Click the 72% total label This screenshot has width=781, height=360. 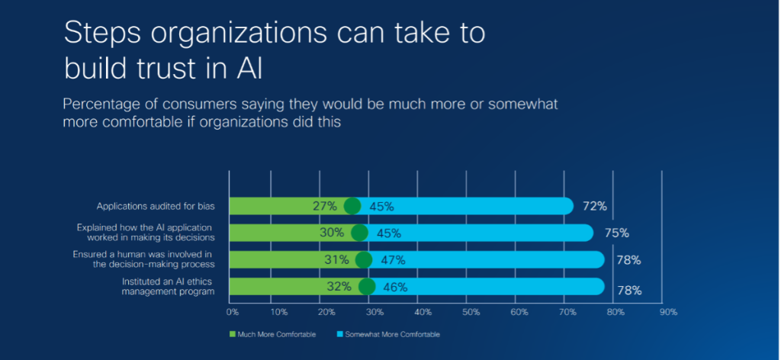coord(595,206)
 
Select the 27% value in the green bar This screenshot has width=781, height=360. coord(324,206)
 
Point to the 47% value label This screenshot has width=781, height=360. coord(393,260)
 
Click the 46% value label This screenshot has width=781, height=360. coord(395,288)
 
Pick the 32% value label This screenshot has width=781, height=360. coord(339,287)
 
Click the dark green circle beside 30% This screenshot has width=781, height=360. coord(359,233)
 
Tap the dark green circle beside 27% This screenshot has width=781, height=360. coord(352,206)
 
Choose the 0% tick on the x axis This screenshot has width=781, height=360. coord(232,311)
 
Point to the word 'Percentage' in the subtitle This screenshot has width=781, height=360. coord(104,103)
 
